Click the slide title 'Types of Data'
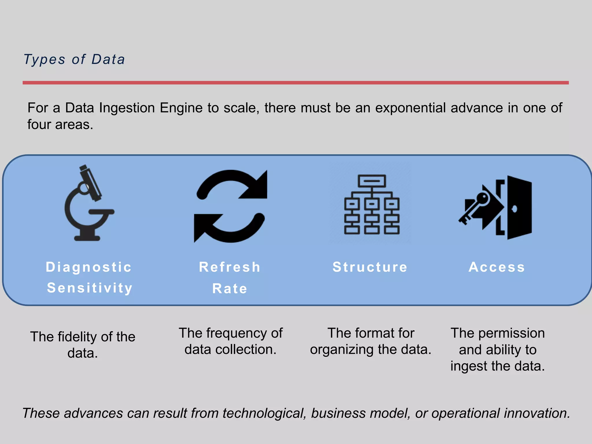tap(74, 60)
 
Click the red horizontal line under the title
tap(295, 83)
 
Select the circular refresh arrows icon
tap(230, 206)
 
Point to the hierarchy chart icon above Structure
tap(372, 204)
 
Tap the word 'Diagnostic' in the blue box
tap(89, 267)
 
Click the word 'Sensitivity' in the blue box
tap(90, 288)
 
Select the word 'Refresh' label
tap(230, 267)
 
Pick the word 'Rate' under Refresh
tap(230, 288)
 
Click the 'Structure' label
tap(370, 267)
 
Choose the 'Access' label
tap(497, 267)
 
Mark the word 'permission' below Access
tap(512, 333)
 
